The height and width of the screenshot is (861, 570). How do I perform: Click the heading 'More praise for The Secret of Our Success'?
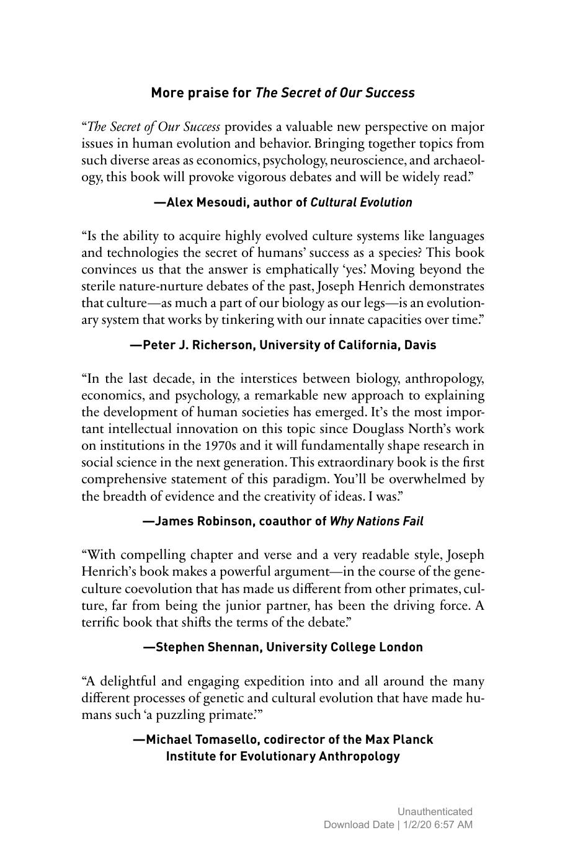pos(283,93)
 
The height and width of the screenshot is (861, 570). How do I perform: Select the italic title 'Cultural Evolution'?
pos(361,202)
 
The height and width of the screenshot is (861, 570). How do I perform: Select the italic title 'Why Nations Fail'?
pos(376,521)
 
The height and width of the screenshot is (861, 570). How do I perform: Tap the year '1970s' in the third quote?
pos(220,446)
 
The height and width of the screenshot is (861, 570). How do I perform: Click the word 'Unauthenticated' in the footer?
pos(435,811)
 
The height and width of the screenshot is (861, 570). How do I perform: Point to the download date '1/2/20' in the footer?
pos(416,824)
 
